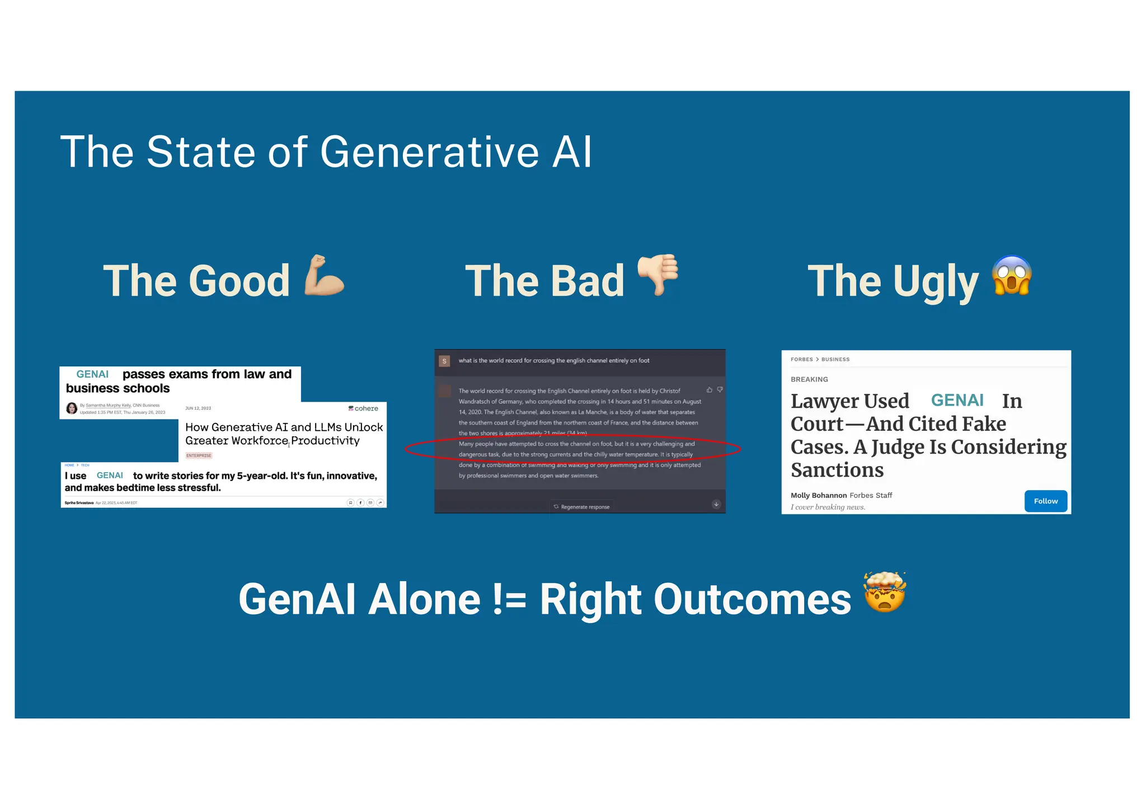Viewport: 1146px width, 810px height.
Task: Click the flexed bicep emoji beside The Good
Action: [x=323, y=275]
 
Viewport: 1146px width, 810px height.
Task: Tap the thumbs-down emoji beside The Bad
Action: [x=659, y=274]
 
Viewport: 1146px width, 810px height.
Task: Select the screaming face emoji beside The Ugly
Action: [x=1011, y=275]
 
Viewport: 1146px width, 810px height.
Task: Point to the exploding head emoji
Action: [x=884, y=593]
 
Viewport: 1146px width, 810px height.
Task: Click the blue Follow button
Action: [x=1045, y=501]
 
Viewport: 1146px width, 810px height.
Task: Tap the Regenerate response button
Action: [x=582, y=507]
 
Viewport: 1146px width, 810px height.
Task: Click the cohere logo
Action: [x=363, y=408]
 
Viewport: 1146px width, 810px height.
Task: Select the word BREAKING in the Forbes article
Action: [x=809, y=379]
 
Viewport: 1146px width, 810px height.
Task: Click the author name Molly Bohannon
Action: [x=818, y=496]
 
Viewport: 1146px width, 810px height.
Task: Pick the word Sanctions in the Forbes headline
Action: [x=837, y=470]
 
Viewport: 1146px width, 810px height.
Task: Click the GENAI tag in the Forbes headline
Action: [x=957, y=401]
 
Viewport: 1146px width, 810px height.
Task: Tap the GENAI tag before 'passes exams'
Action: [x=92, y=374]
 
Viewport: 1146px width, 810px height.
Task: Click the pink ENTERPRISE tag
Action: [x=199, y=455]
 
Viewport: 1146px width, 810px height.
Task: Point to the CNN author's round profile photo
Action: [x=72, y=408]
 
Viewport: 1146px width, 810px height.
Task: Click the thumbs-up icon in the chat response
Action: [x=710, y=390]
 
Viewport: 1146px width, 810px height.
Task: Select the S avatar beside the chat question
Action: [x=444, y=361]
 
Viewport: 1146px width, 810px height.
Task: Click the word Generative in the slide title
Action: [x=429, y=152]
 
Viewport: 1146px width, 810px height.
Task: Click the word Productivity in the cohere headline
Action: [x=325, y=441]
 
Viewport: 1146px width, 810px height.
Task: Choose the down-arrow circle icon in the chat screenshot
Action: [x=716, y=505]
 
